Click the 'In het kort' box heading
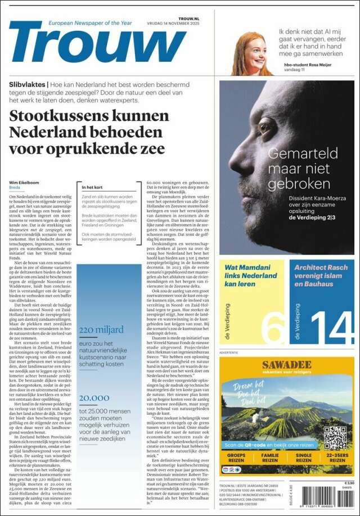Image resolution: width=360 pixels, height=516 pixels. pos(93,187)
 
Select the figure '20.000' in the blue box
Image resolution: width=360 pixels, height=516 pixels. pos(94,397)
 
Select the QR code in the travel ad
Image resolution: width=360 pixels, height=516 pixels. pos(335,438)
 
